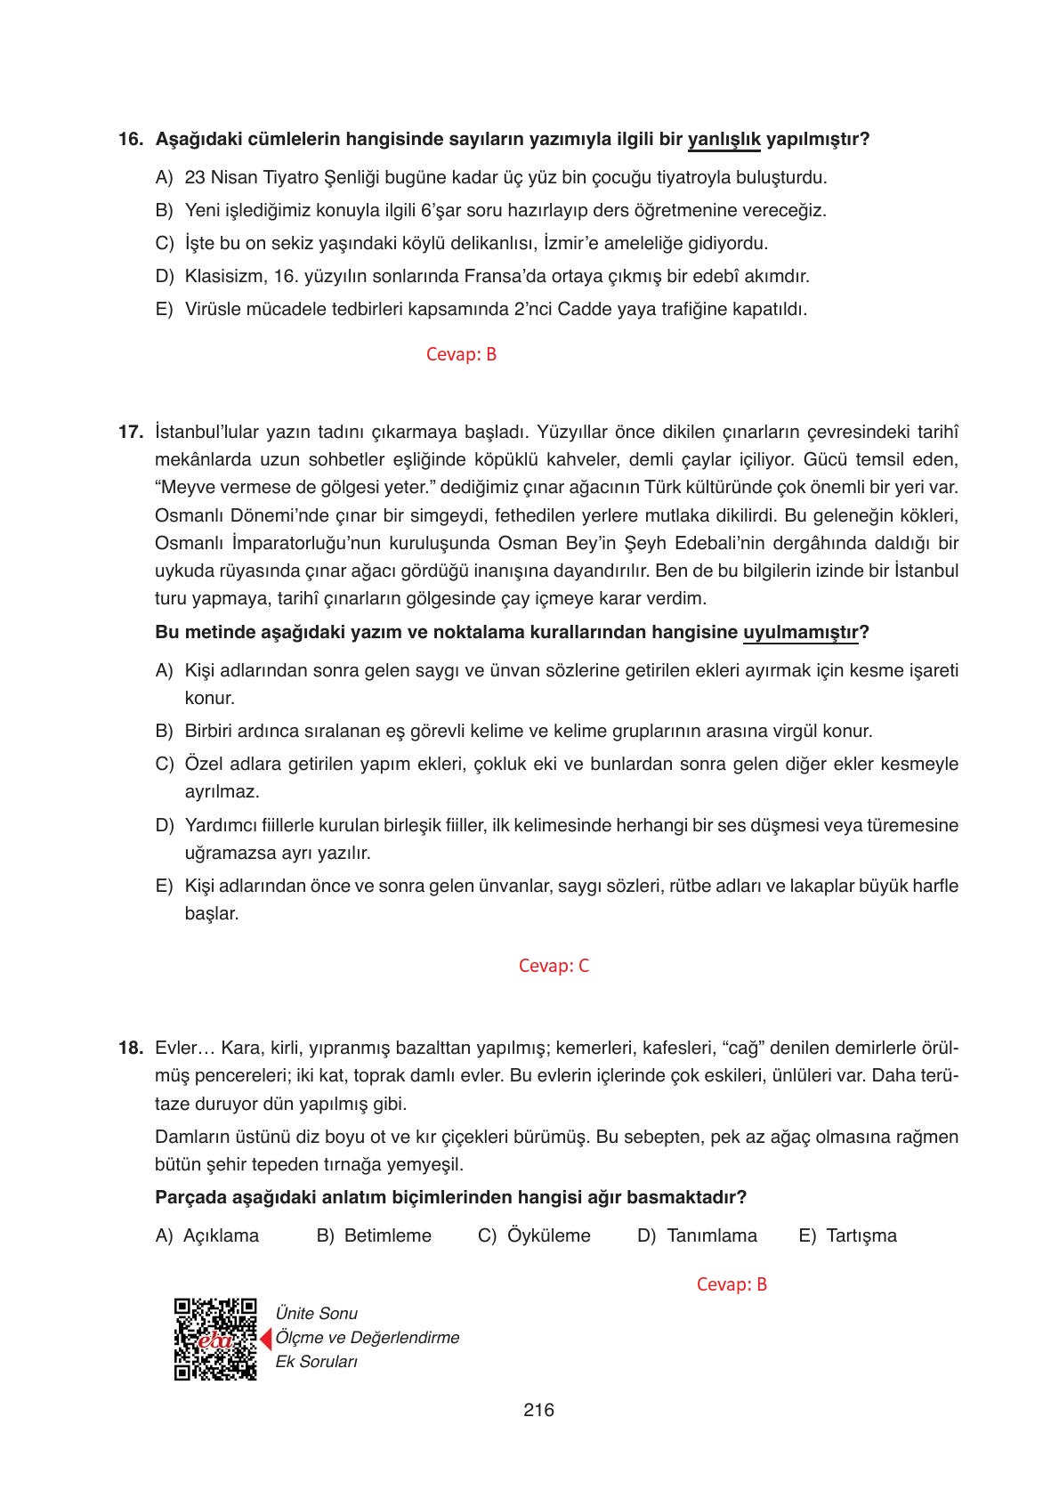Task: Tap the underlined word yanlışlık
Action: (x=724, y=140)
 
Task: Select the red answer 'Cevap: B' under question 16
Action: (x=461, y=354)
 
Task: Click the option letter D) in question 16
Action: (x=164, y=276)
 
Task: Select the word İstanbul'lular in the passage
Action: (x=206, y=433)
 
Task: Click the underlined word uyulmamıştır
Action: (x=800, y=633)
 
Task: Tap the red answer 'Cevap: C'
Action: (x=554, y=966)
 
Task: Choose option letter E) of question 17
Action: (x=164, y=886)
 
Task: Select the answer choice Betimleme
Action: (x=387, y=1235)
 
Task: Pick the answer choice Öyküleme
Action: (x=548, y=1235)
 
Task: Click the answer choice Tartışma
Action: (x=861, y=1235)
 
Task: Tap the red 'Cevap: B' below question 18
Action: (x=732, y=1284)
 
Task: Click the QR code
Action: (x=215, y=1339)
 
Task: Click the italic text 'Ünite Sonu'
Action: (x=317, y=1313)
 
